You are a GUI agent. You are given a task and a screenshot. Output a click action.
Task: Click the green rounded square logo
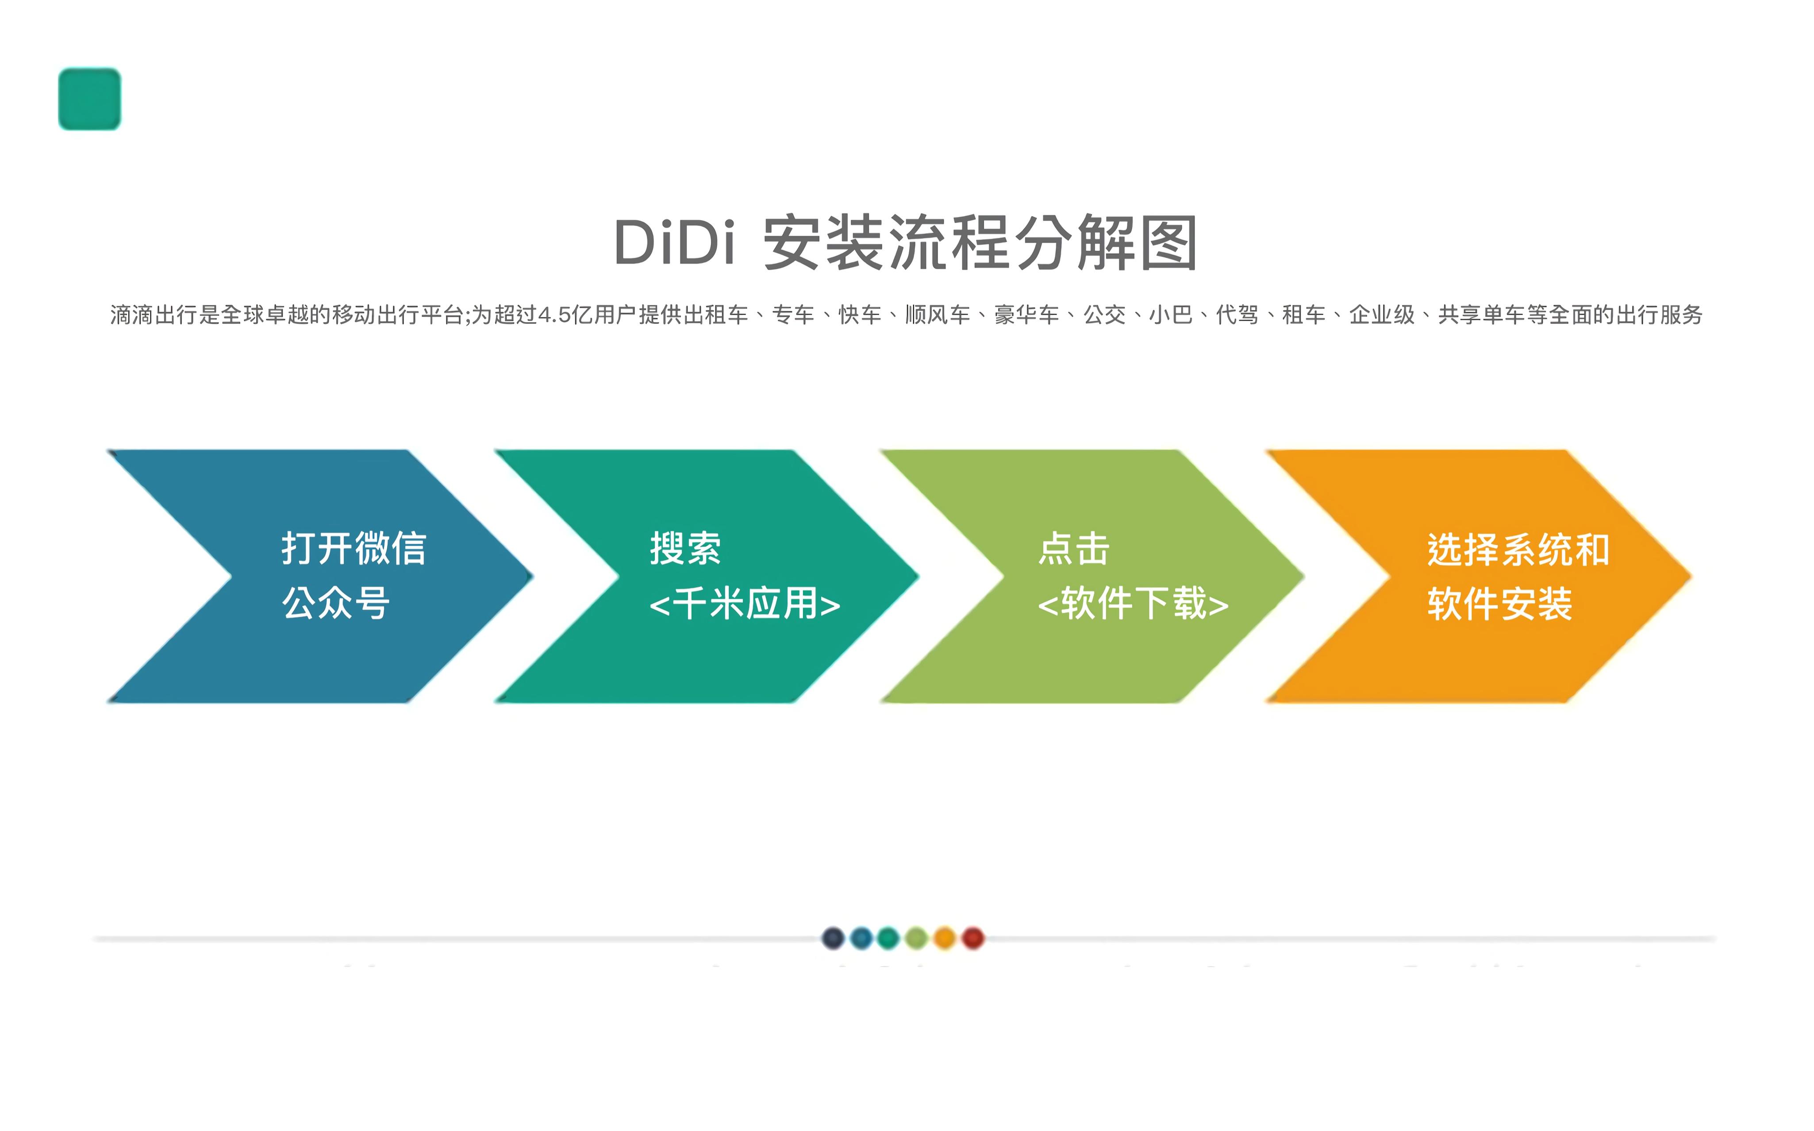coord(90,99)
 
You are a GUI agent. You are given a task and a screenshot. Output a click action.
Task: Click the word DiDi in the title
coord(674,242)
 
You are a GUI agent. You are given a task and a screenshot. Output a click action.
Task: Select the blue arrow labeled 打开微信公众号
coord(320,576)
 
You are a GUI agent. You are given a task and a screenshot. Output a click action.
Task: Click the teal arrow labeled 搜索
coord(707,576)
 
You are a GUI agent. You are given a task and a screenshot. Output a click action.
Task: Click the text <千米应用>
coord(745,604)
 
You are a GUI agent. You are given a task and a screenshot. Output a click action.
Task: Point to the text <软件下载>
coord(1133,604)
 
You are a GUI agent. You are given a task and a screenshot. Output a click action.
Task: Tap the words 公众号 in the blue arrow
coord(336,603)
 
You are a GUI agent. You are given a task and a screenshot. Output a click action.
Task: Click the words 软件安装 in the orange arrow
coord(1500,604)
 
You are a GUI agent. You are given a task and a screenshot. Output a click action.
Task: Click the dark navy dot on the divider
coord(833,938)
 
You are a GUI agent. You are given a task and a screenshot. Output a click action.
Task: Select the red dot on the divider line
coord(973,938)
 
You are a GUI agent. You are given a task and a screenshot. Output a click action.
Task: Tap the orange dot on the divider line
coord(945,938)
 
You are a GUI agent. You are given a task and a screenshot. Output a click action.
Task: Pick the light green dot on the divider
coord(917,938)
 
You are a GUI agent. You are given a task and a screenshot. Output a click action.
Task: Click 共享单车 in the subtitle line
coord(1482,315)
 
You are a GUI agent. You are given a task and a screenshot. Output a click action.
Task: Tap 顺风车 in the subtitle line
coord(938,315)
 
